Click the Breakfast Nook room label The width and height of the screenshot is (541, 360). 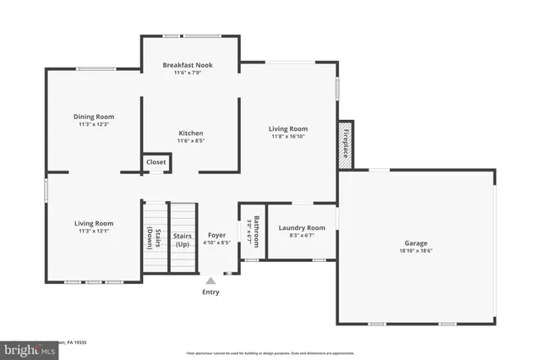[x=188, y=64]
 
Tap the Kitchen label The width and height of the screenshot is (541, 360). [x=190, y=133]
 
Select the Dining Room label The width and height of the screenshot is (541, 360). [x=94, y=117]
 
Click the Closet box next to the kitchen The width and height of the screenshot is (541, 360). [x=156, y=161]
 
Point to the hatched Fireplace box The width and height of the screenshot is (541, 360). [x=345, y=144]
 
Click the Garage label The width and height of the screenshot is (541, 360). [x=416, y=243]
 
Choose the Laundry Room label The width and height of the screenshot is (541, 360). [x=302, y=227]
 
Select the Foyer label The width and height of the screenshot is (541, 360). [x=216, y=235]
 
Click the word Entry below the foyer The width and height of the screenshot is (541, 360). [x=210, y=292]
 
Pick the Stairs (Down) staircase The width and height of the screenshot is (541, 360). [x=155, y=237]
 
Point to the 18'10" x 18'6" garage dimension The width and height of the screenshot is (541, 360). [x=416, y=251]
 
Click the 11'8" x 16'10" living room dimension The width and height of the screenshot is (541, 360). [x=288, y=136]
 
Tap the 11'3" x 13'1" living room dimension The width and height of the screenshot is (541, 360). [x=93, y=231]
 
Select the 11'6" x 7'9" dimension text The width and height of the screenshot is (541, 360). [x=188, y=73]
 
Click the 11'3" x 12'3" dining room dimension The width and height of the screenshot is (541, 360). [x=94, y=124]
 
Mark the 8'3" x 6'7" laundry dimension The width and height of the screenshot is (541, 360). [x=302, y=236]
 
